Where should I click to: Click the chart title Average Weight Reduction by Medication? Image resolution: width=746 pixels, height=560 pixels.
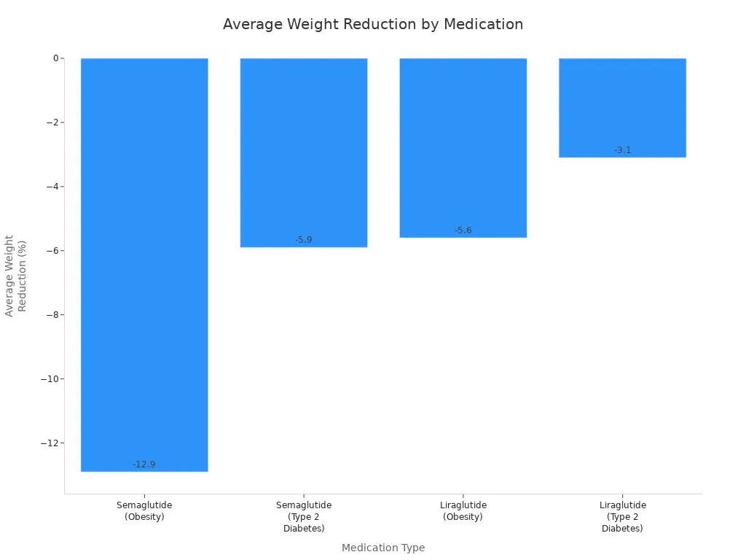[x=372, y=24]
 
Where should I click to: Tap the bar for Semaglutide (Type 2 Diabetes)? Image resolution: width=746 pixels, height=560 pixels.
[x=304, y=152]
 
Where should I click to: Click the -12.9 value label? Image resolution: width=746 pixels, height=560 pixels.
[x=144, y=464]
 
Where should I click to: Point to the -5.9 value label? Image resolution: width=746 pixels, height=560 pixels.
[x=304, y=240]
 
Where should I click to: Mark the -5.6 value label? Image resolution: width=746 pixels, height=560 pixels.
[x=463, y=230]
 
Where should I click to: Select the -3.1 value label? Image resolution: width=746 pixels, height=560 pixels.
[x=622, y=150]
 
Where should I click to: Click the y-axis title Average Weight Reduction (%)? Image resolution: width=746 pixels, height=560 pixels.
[x=15, y=276]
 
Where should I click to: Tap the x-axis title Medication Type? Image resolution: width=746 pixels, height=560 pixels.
[x=383, y=548]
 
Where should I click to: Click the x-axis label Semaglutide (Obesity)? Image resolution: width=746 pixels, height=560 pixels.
[x=144, y=510]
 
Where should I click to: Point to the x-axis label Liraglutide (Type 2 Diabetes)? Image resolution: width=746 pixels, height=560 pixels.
[x=622, y=516]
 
